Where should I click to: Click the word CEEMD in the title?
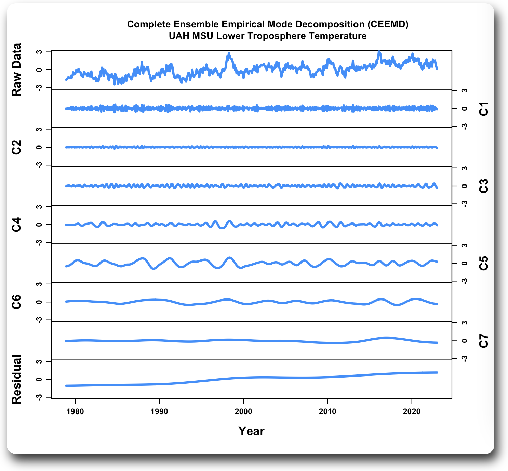[388, 24]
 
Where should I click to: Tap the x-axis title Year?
[251, 431]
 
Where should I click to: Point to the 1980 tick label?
[75, 412]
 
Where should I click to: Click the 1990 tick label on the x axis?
[159, 412]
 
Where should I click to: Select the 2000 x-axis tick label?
[243, 412]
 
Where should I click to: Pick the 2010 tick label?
[327, 412]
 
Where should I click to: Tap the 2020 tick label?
[412, 412]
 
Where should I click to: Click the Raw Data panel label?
[16, 70]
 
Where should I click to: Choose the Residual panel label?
[16, 379]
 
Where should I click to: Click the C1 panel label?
[484, 109]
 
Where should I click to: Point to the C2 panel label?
[16, 147]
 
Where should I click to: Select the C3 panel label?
[484, 186]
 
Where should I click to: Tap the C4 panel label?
[16, 225]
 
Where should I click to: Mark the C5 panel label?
[484, 263]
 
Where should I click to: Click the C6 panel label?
[16, 302]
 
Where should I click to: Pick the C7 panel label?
[484, 341]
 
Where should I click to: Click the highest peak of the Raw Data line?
[378, 52]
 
